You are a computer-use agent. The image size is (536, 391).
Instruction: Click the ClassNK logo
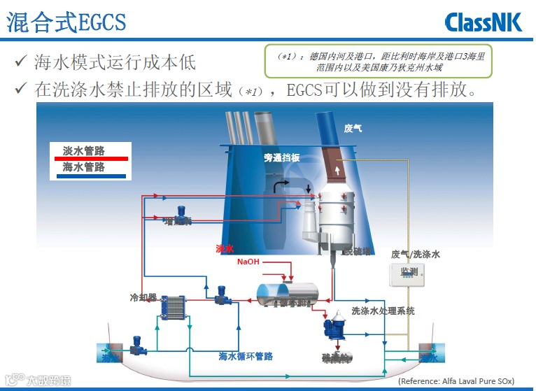click(484, 22)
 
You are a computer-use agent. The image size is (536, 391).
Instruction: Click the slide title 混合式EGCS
click(66, 22)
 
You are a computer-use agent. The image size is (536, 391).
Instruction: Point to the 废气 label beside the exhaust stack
click(353, 128)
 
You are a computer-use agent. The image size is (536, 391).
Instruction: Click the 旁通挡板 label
click(282, 158)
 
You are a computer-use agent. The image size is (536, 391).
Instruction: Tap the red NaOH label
click(248, 262)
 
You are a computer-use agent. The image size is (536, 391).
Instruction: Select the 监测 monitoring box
click(409, 272)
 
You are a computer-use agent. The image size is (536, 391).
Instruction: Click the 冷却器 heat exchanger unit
click(174, 308)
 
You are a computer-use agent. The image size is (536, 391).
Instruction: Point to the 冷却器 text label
click(141, 297)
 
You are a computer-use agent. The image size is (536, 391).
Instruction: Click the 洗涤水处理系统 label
click(383, 311)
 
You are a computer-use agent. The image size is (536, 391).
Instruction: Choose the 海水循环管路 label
click(246, 357)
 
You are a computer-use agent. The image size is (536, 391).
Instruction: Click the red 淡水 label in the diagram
click(225, 248)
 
